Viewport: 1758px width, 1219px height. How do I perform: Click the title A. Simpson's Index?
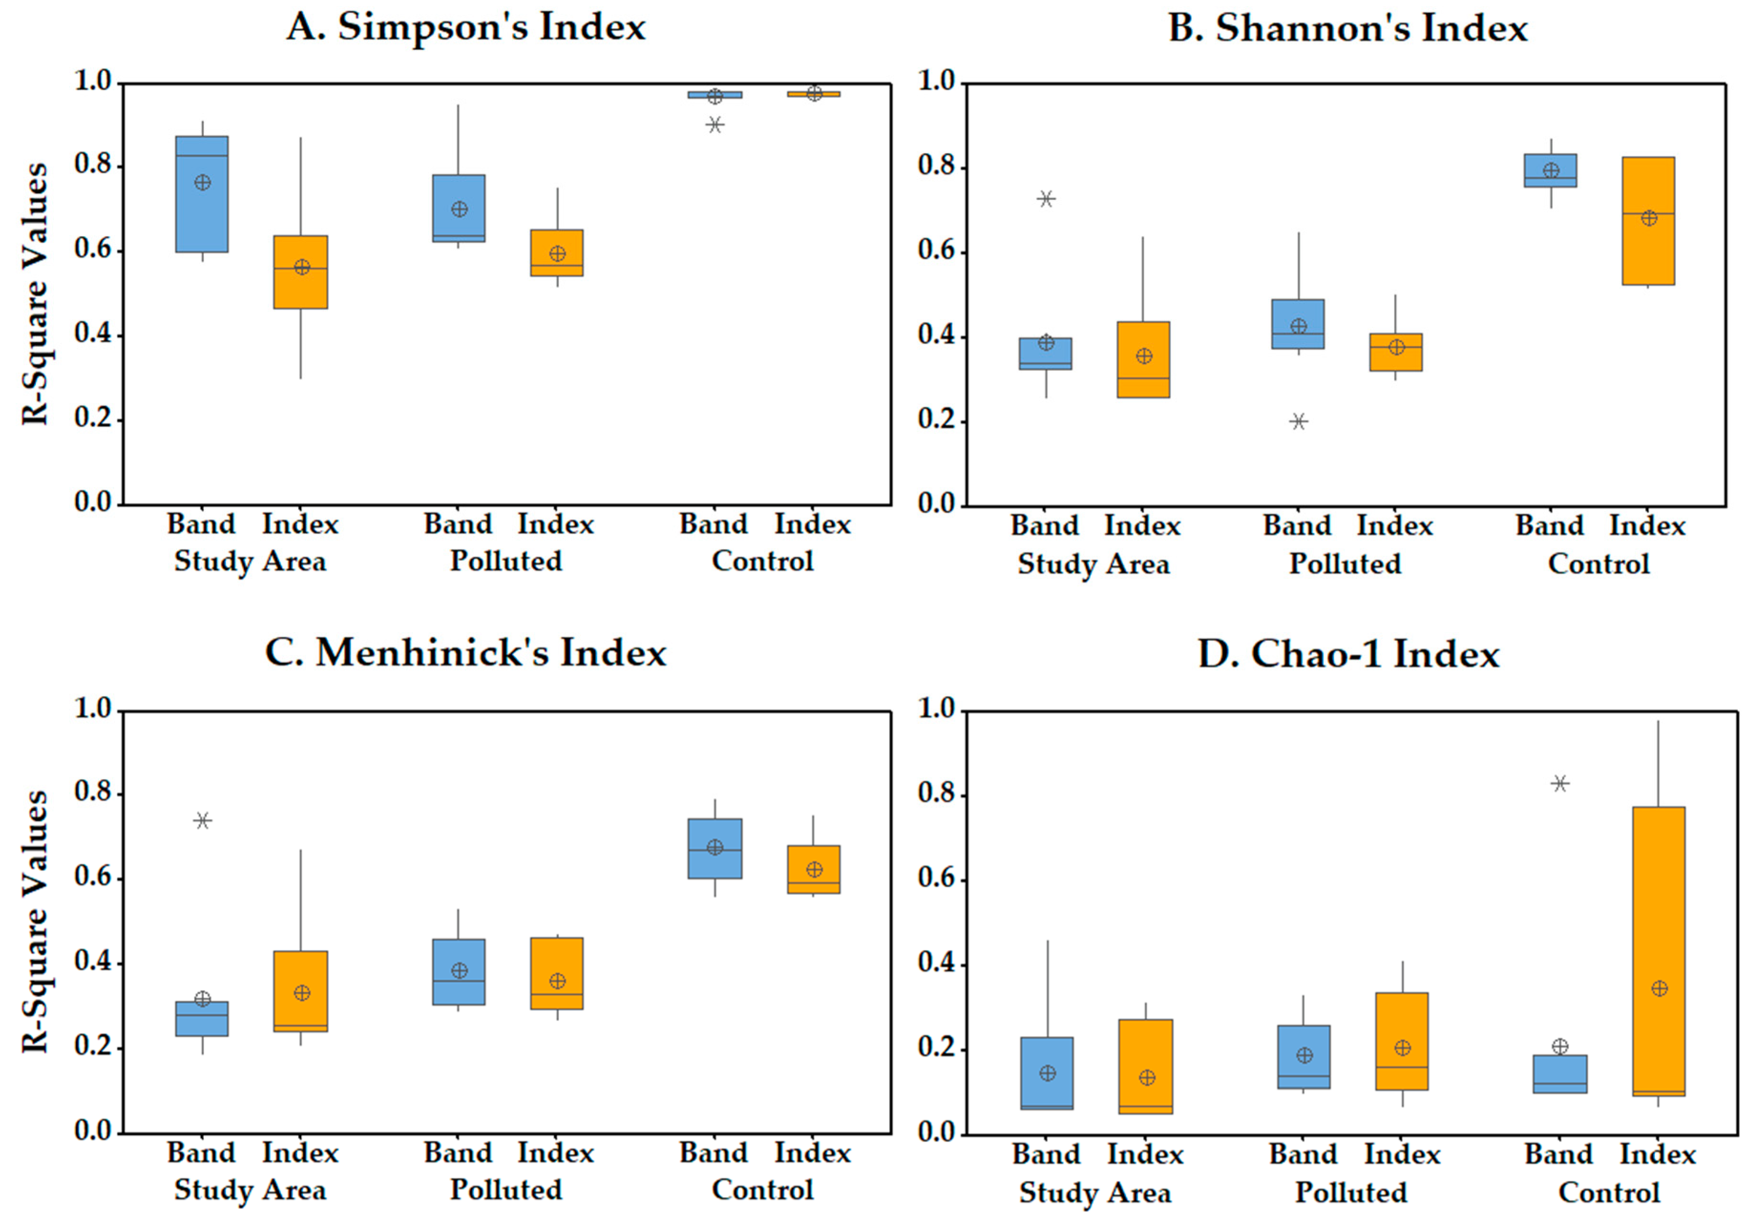466,28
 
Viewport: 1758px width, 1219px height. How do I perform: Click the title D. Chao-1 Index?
1348,654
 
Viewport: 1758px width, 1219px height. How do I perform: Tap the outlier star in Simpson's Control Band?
714,125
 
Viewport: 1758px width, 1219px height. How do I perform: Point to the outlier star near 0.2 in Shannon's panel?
1298,421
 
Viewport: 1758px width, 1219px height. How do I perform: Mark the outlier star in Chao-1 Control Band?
1559,783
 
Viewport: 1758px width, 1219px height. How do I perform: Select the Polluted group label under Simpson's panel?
505,561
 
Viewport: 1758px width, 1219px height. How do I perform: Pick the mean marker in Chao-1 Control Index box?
1659,988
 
